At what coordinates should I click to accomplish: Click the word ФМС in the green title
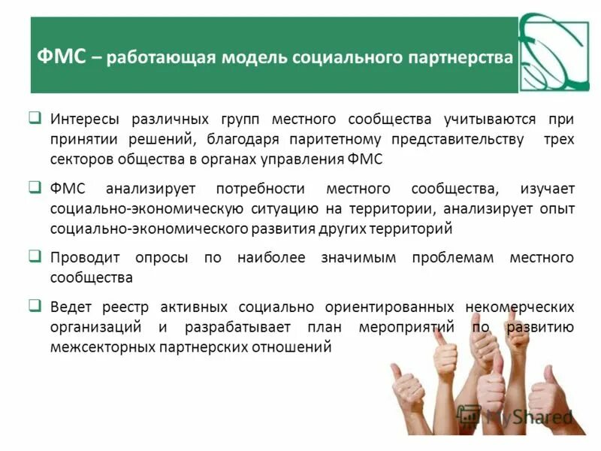coord(61,57)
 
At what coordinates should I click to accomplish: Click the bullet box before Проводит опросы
coord(35,256)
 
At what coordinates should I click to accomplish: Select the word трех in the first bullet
coord(558,139)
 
